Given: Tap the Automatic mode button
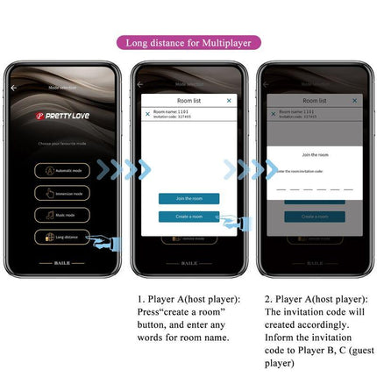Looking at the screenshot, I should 62,170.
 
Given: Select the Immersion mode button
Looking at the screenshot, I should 62,192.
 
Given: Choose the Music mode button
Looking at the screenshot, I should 62,214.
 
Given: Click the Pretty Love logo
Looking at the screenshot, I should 62,115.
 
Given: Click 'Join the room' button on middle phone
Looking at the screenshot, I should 188,198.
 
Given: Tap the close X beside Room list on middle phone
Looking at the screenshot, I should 229,101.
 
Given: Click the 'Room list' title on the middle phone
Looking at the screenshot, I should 188,101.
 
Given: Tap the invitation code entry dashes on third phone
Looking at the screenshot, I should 314,187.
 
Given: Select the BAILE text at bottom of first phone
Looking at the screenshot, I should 62,262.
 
